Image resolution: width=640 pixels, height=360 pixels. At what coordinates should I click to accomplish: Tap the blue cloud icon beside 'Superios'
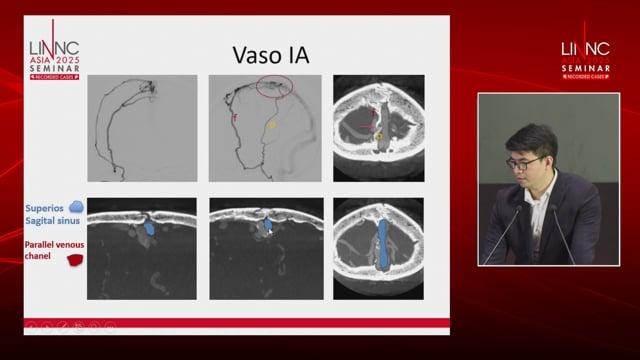[77, 206]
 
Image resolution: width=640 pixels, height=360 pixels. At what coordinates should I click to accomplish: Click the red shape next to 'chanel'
[74, 261]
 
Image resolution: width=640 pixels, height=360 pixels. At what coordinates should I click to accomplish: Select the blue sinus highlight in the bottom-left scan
[148, 227]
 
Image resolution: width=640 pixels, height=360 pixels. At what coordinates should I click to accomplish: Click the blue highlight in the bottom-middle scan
[268, 227]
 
